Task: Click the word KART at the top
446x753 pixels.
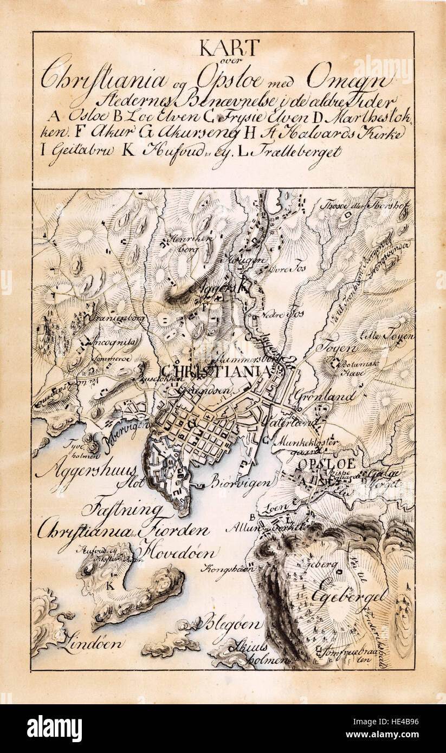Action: (x=229, y=48)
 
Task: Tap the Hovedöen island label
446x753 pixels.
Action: (x=179, y=553)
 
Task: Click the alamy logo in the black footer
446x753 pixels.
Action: (x=54, y=729)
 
